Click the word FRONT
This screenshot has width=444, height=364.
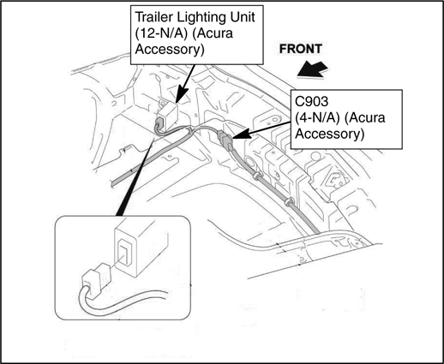pyautogui.click(x=301, y=49)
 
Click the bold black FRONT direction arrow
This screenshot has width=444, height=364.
pyautogui.click(x=312, y=69)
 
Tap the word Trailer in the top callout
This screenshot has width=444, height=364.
pyautogui.click(x=153, y=17)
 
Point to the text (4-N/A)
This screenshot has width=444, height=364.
pyautogui.click(x=317, y=118)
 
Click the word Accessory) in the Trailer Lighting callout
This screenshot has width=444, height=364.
pyautogui.click(x=170, y=50)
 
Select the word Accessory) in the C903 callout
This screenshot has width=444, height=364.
pyautogui.click(x=330, y=134)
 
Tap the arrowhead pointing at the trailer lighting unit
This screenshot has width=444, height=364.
pyautogui.click(x=181, y=94)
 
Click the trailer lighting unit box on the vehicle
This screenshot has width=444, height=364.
pyautogui.click(x=167, y=115)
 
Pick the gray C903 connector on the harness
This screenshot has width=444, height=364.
pyautogui.click(x=225, y=140)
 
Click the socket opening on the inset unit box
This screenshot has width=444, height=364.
pyautogui.click(x=123, y=251)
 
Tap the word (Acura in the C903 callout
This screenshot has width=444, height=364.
pyautogui.click(x=365, y=118)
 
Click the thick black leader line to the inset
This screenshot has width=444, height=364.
pyautogui.click(x=135, y=176)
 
